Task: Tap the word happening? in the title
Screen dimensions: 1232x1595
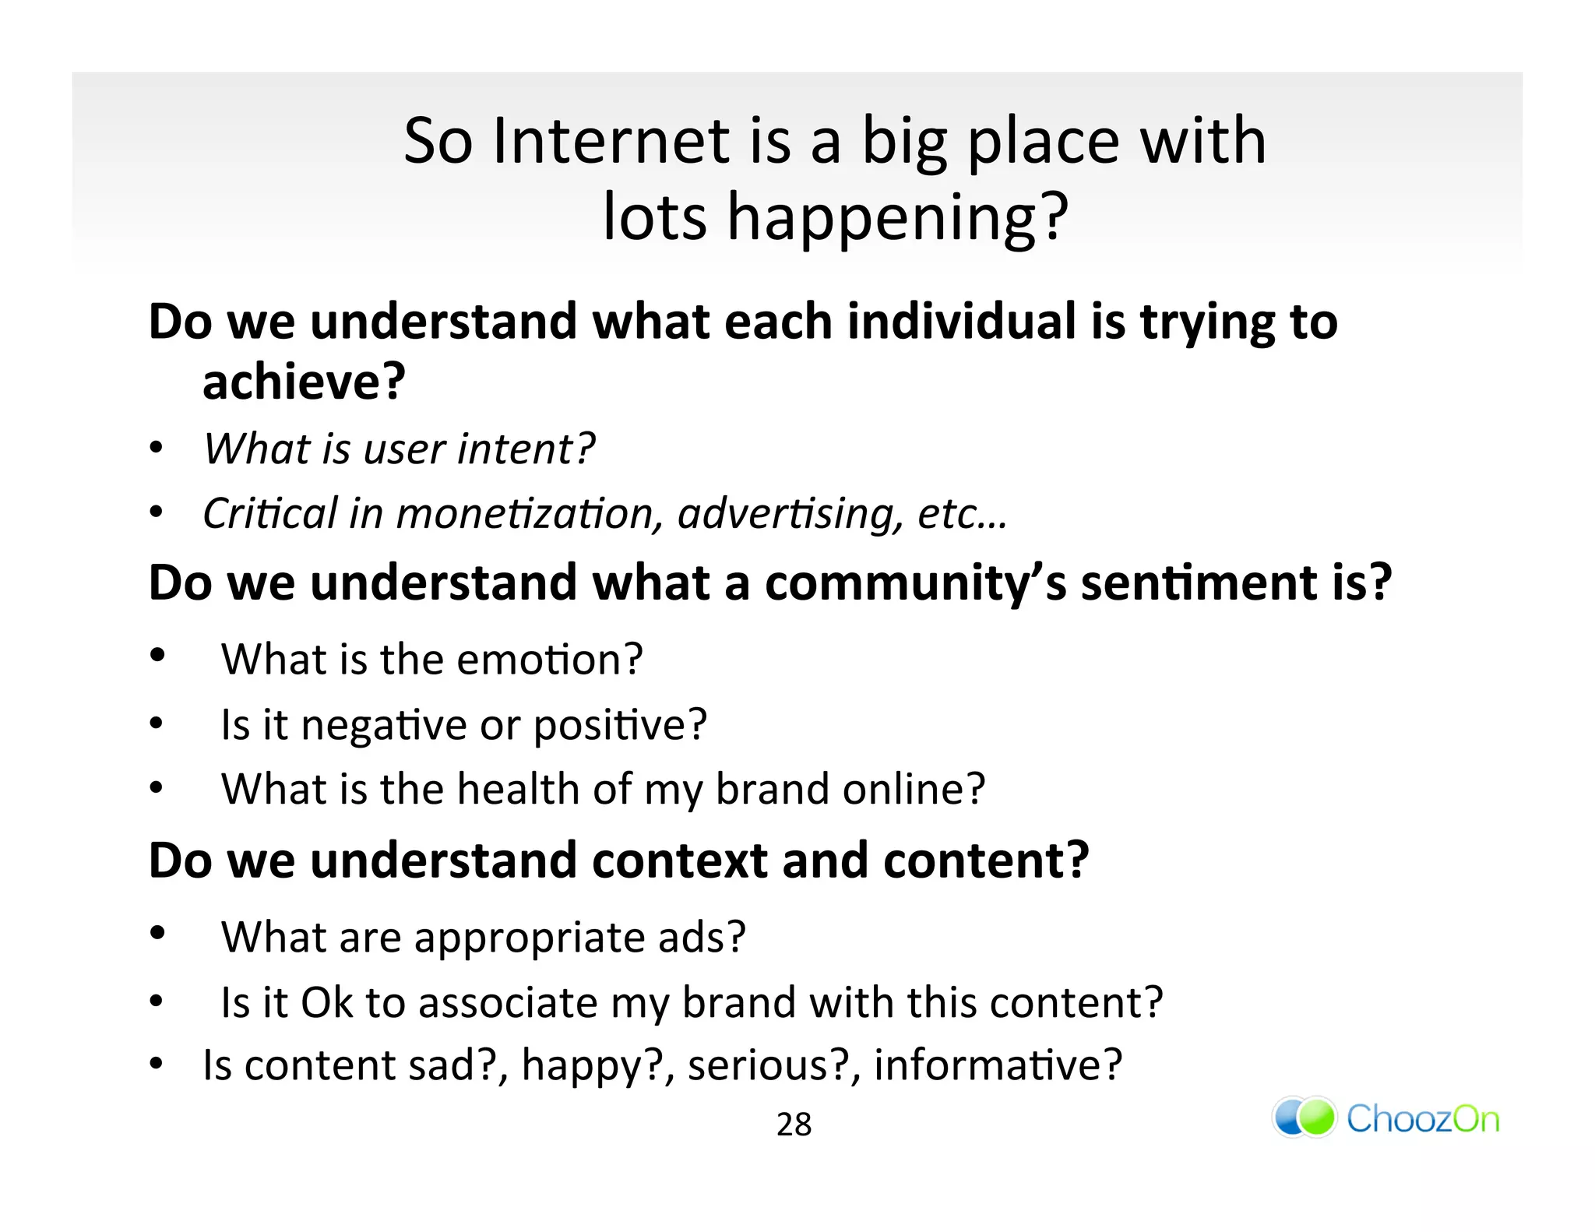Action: click(897, 218)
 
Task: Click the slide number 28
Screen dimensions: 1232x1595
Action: click(794, 1125)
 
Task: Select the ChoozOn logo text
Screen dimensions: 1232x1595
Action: click(1422, 1119)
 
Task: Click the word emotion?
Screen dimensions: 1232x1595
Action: click(549, 660)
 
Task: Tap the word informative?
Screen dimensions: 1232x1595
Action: click(998, 1065)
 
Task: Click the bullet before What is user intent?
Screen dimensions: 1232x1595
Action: click(157, 449)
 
